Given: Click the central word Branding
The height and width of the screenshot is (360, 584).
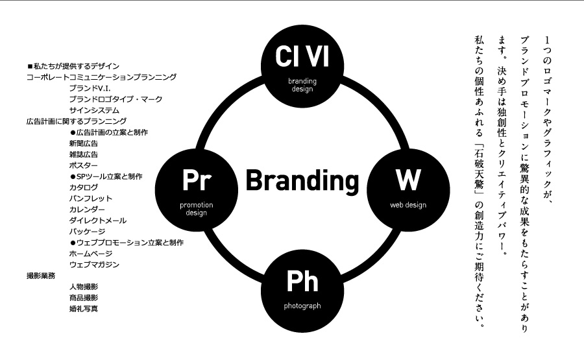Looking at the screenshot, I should point(302,180).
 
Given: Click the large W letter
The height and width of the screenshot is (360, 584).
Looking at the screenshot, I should point(409,180).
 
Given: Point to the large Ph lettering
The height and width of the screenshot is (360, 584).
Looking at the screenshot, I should point(302,282).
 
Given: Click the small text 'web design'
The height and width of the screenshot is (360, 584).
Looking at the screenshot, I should point(408,205).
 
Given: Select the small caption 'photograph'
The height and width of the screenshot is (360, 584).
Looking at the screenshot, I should point(302,305).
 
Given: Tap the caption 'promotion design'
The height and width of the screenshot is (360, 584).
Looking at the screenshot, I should point(196,209).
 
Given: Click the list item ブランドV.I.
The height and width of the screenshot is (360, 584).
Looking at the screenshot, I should point(90,88).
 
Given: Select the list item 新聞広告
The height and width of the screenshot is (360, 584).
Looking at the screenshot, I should point(84,143).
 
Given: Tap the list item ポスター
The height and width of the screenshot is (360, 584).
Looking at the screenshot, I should point(84,165).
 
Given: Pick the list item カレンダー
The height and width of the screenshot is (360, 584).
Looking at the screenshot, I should point(87,210).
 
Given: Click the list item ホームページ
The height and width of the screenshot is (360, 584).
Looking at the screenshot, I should point(91,254).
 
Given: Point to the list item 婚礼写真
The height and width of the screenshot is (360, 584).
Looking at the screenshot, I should point(84,309).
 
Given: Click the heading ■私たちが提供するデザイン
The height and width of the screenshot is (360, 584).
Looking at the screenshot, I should point(73,66).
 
